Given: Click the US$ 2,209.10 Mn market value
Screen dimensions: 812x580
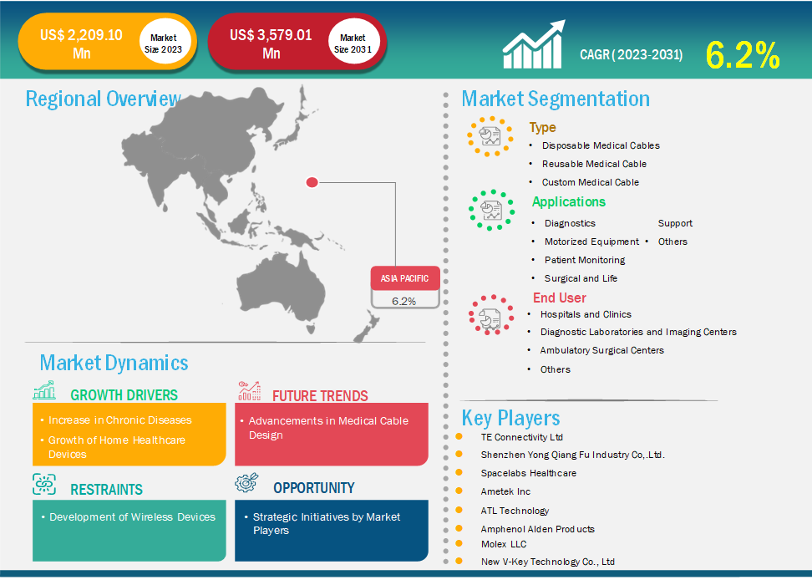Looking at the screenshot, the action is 81,44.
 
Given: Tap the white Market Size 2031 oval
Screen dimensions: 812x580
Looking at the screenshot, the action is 353,43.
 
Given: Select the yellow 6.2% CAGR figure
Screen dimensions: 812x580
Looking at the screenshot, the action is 743,55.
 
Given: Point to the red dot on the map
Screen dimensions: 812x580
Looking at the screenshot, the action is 312,182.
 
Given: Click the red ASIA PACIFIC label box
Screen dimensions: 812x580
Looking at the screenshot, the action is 405,278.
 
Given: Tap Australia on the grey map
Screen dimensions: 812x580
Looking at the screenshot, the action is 282,290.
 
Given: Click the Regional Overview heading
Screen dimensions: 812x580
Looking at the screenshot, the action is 103,99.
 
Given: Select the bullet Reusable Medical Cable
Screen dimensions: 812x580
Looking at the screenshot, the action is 594,164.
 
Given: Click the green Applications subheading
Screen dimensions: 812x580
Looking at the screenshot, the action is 569,202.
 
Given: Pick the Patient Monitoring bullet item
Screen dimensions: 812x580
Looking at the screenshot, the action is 585,260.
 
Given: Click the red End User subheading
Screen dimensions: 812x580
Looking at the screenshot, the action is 559,298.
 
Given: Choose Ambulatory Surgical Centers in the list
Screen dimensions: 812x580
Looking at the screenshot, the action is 601,350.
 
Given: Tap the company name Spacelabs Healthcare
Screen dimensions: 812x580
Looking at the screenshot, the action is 528,473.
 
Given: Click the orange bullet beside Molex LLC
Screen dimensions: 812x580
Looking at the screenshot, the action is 459,543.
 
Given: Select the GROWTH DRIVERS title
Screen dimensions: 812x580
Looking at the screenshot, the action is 124,395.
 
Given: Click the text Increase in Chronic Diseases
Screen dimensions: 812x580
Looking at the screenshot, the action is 120,420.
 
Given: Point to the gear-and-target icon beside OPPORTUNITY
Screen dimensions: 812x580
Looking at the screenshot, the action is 246,482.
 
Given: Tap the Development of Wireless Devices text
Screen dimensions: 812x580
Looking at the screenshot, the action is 132,516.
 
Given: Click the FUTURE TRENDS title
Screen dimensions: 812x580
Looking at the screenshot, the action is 320,396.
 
